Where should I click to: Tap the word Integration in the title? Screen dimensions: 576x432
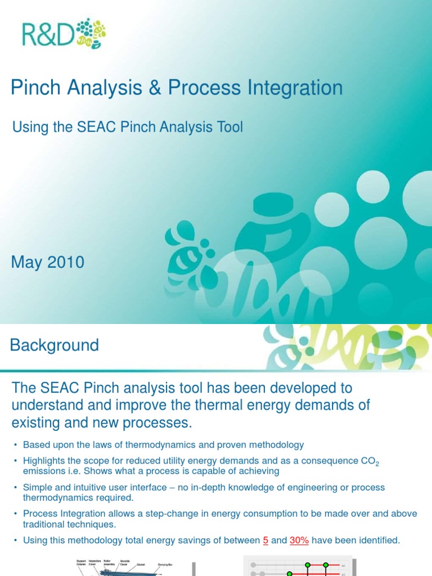tap(294, 88)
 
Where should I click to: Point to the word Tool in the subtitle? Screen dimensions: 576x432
tap(229, 127)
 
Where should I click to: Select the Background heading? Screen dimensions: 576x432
tap(55, 345)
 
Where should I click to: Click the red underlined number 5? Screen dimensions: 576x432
tap(265, 541)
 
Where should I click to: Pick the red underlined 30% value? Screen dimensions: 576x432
tap(299, 541)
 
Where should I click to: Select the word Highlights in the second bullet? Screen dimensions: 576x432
tap(44, 461)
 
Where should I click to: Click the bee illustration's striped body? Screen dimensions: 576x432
tap(181, 258)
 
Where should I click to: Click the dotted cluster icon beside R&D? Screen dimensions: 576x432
tap(90, 33)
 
